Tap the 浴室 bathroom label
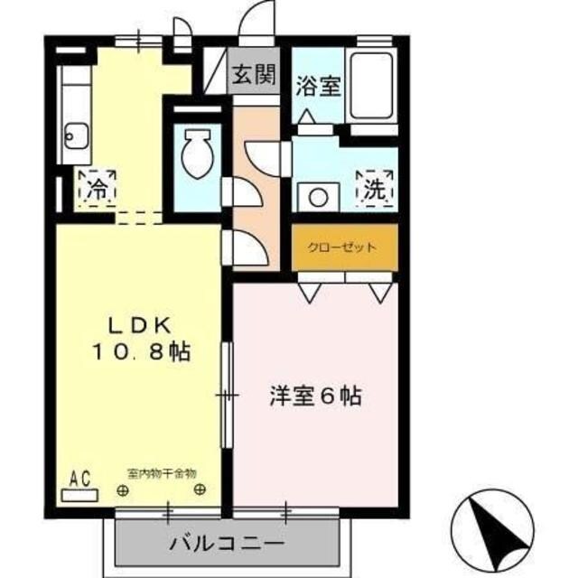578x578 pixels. [317, 86]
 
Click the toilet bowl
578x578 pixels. [195, 155]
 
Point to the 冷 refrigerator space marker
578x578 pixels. [96, 189]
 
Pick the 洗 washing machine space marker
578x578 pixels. [374, 188]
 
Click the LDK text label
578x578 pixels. [141, 325]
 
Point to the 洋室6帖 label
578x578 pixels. [314, 396]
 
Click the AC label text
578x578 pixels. [79, 479]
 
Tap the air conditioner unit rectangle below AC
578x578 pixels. [79, 495]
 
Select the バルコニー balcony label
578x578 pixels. [227, 545]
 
